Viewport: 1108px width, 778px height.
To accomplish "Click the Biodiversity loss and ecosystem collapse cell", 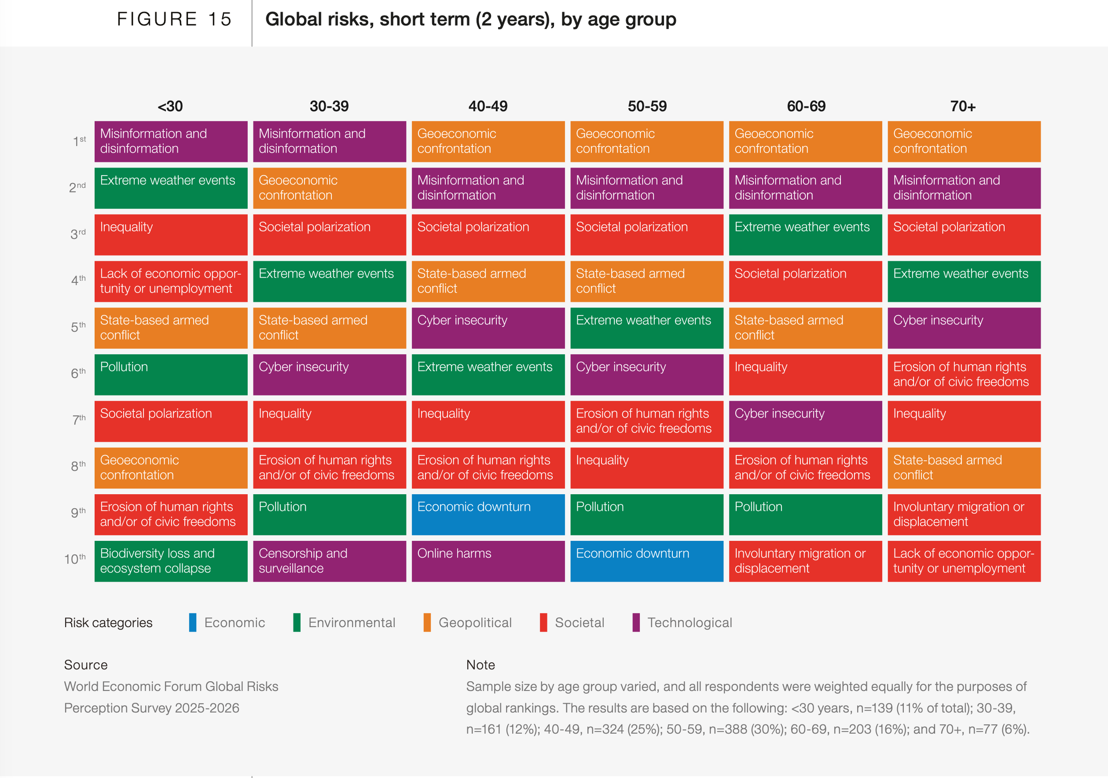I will tap(171, 561).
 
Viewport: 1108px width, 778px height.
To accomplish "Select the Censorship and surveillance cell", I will tap(329, 561).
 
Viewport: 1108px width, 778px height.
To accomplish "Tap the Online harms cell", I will tap(488, 561).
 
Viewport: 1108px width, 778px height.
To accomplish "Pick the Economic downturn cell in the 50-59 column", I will tap(647, 561).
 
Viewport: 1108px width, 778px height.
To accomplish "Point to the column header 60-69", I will tap(806, 106).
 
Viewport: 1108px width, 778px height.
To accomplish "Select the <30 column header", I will tap(170, 106).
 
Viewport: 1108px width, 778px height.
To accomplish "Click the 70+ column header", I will tap(963, 106).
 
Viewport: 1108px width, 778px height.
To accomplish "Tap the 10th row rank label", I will tap(75, 559).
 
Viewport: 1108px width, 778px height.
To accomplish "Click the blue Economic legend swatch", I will tap(192, 622).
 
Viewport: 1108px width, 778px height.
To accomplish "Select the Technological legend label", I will tap(689, 622).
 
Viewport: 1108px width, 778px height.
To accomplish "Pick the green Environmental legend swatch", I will tap(297, 622).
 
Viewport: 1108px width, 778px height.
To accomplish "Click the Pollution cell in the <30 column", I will tap(171, 375).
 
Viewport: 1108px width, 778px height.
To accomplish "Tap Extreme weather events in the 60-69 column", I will tap(805, 235).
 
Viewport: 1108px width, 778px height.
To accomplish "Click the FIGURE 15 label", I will tap(174, 20).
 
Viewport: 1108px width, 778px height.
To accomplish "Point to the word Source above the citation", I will tap(86, 665).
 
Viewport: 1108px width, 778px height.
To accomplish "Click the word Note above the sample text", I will tap(480, 665).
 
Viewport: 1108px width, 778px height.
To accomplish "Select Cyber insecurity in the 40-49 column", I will tap(488, 328).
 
